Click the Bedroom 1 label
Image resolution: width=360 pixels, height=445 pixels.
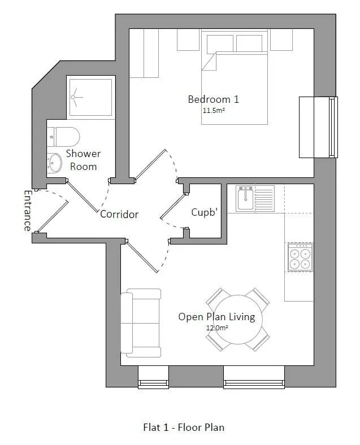click(214, 99)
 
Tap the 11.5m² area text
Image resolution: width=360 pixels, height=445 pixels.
click(214, 110)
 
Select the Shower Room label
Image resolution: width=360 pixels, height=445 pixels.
click(84, 160)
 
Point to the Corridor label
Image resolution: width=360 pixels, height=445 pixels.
click(119, 214)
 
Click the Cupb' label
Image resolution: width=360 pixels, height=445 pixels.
click(205, 212)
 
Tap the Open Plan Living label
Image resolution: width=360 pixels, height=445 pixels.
click(216, 317)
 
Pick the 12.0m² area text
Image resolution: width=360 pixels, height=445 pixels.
click(217, 328)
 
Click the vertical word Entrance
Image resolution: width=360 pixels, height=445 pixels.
click(27, 211)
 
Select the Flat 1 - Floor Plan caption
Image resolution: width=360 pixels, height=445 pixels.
click(184, 427)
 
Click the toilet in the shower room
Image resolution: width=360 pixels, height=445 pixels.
click(63, 137)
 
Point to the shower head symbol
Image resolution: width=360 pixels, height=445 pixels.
click(76, 97)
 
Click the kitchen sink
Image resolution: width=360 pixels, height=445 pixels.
click(246, 198)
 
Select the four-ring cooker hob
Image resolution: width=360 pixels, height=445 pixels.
click(301, 257)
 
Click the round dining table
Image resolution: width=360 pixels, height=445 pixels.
click(237, 320)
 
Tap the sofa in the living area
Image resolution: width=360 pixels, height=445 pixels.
click(141, 323)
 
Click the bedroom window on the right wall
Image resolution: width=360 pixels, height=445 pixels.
click(318, 127)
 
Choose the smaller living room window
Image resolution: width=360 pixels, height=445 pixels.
click(153, 377)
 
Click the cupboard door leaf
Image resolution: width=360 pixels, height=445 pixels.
click(174, 207)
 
